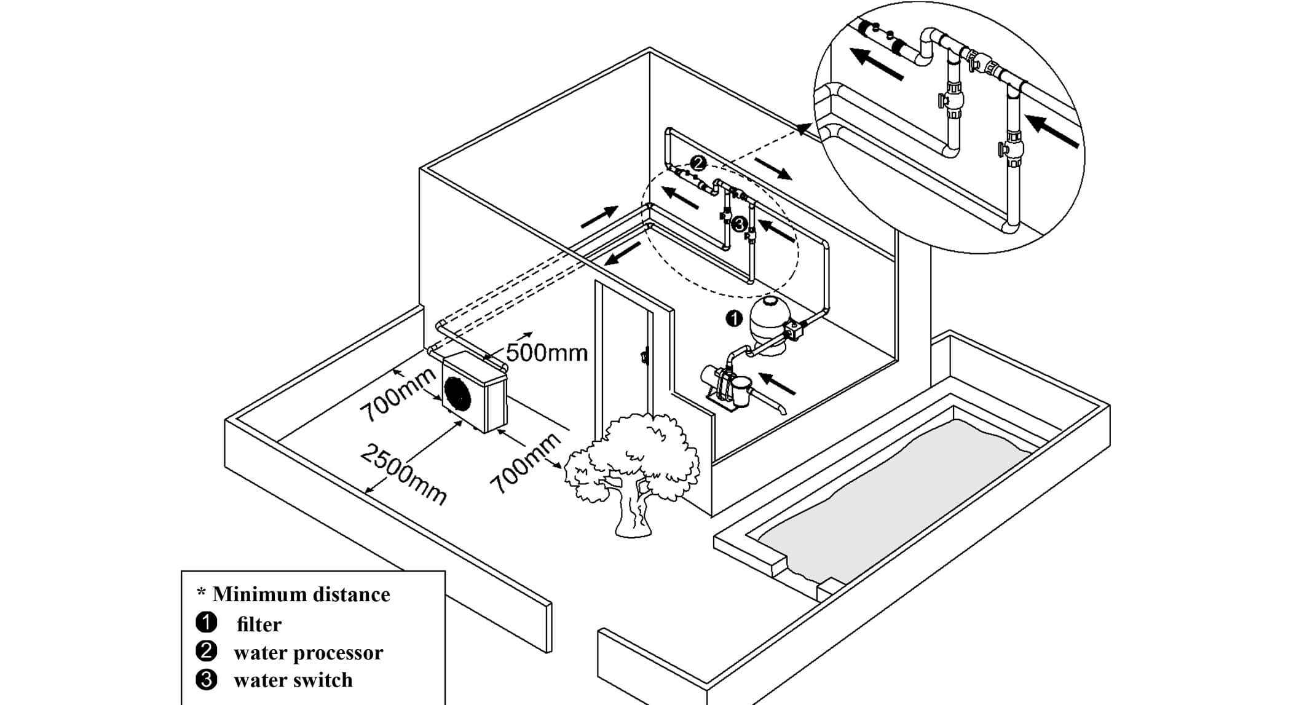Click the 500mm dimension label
(547, 353)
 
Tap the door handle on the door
(644, 356)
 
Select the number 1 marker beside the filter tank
(733, 318)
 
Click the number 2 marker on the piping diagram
(698, 163)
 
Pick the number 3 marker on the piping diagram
(740, 224)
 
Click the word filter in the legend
(259, 624)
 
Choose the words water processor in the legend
(308, 653)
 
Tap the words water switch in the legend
(293, 680)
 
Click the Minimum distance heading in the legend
(301, 594)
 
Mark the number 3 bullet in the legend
(206, 680)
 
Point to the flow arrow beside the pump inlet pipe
(778, 383)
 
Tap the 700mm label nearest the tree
(526, 463)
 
